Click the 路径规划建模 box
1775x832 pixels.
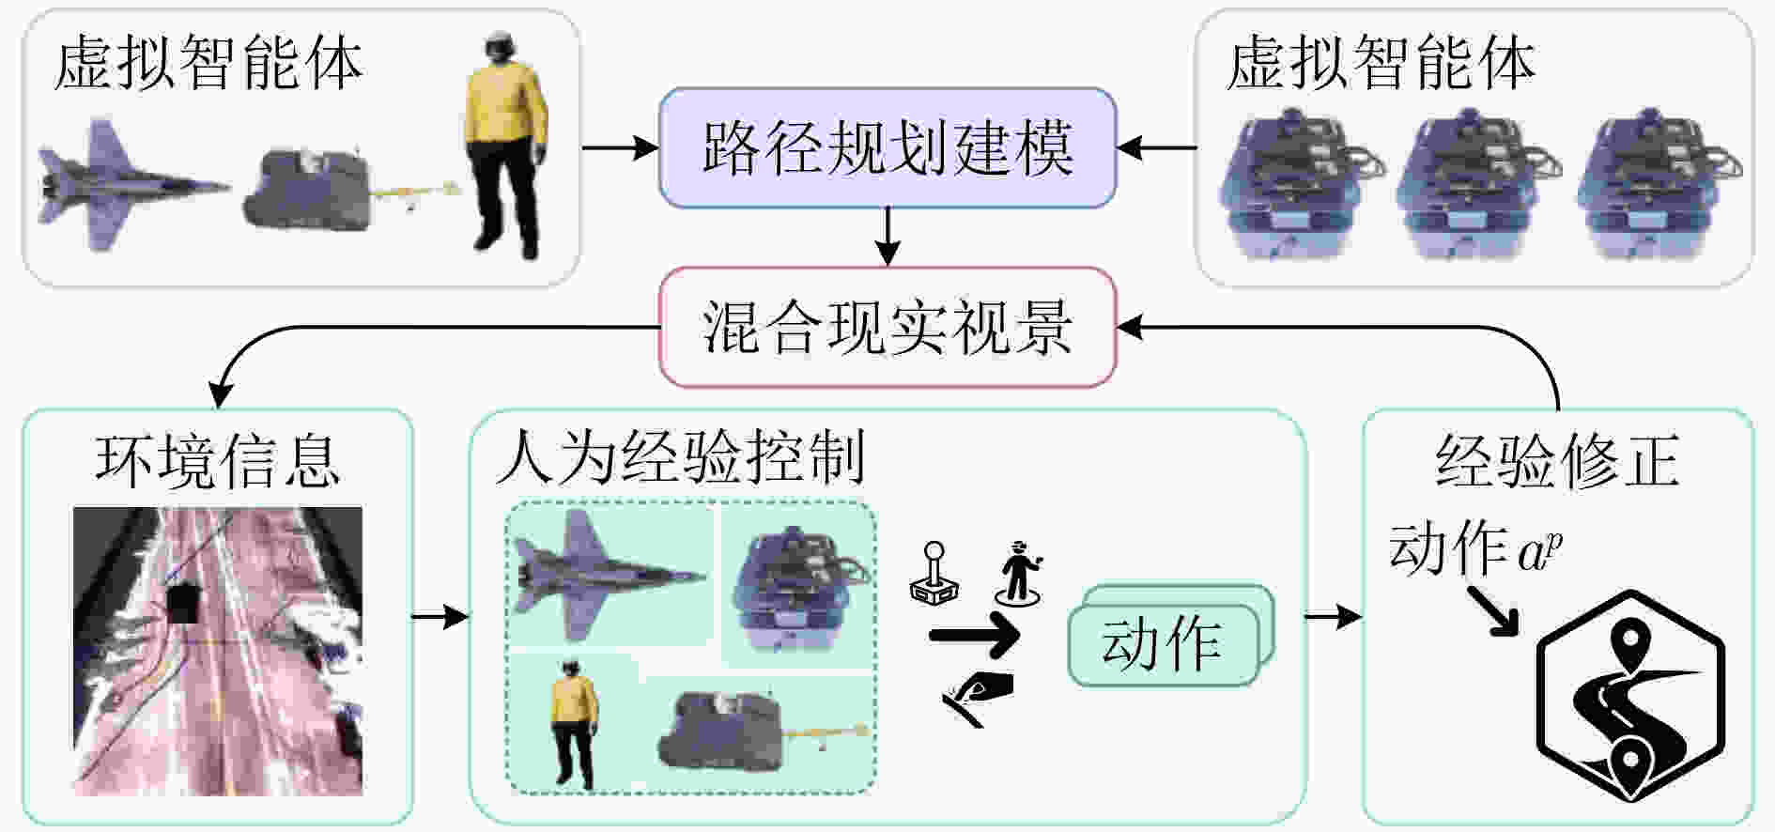click(x=887, y=147)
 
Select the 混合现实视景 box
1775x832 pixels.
click(x=887, y=327)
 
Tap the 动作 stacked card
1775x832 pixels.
click(x=1170, y=636)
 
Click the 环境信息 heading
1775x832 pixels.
click(x=217, y=460)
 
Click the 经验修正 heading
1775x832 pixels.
click(x=1557, y=460)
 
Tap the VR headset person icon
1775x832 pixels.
click(x=1019, y=573)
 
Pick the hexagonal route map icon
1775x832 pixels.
click(x=1632, y=696)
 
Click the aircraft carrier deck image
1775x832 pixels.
click(x=218, y=651)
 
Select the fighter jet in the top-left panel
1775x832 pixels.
click(x=134, y=185)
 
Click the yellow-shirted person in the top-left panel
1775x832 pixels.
click(x=505, y=146)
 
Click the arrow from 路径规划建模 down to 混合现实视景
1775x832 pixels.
click(x=887, y=237)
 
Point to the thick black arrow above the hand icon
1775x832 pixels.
click(x=974, y=636)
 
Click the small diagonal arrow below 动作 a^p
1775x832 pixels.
click(x=1493, y=611)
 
